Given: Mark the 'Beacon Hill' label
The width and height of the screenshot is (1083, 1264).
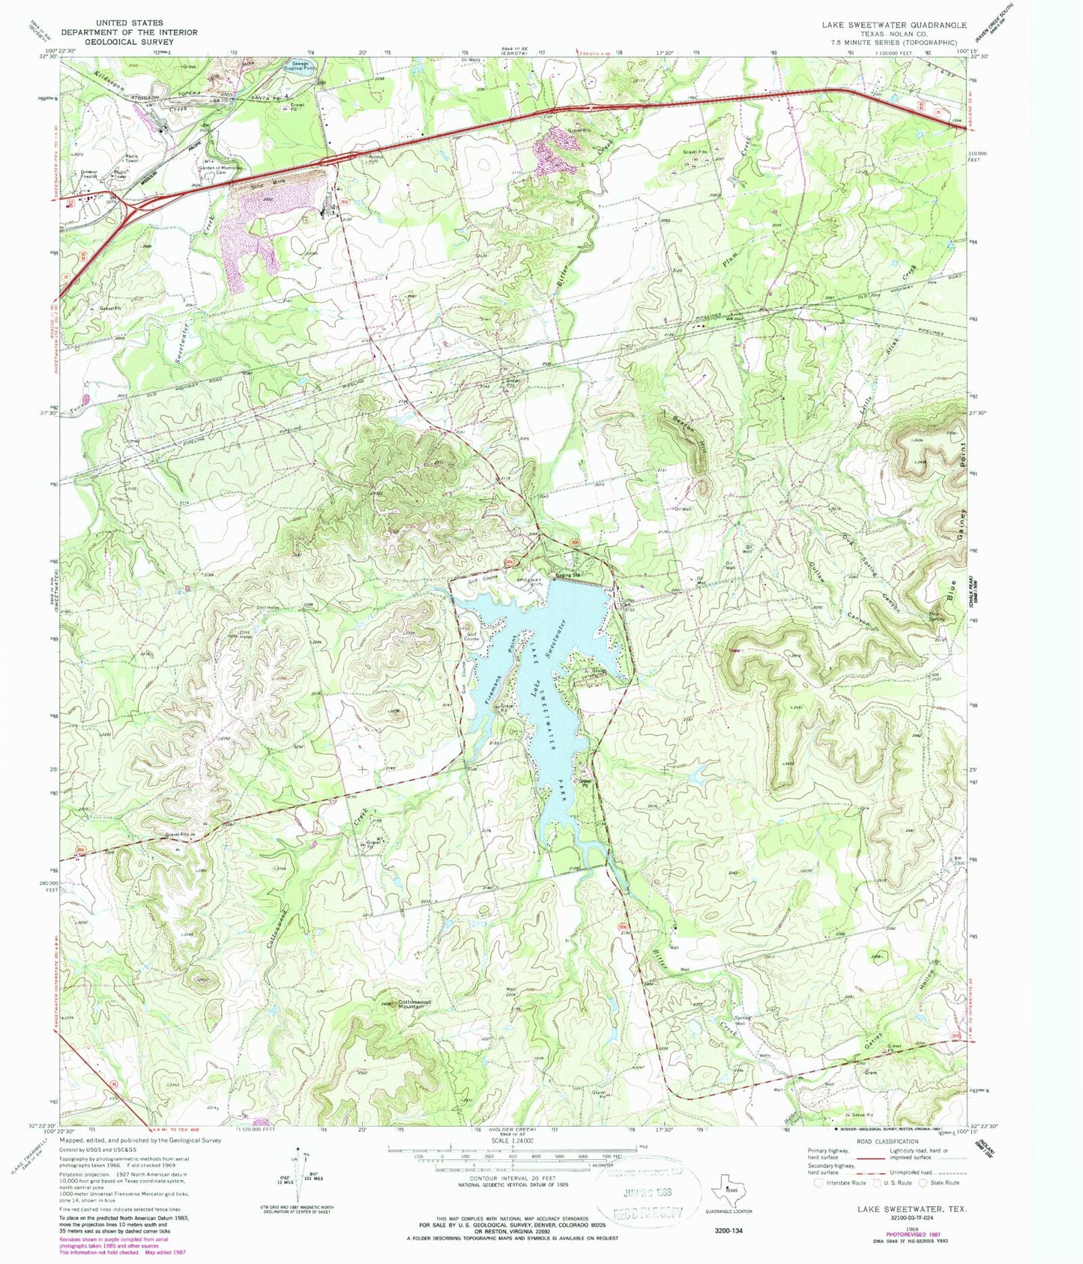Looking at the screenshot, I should coord(683,433).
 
